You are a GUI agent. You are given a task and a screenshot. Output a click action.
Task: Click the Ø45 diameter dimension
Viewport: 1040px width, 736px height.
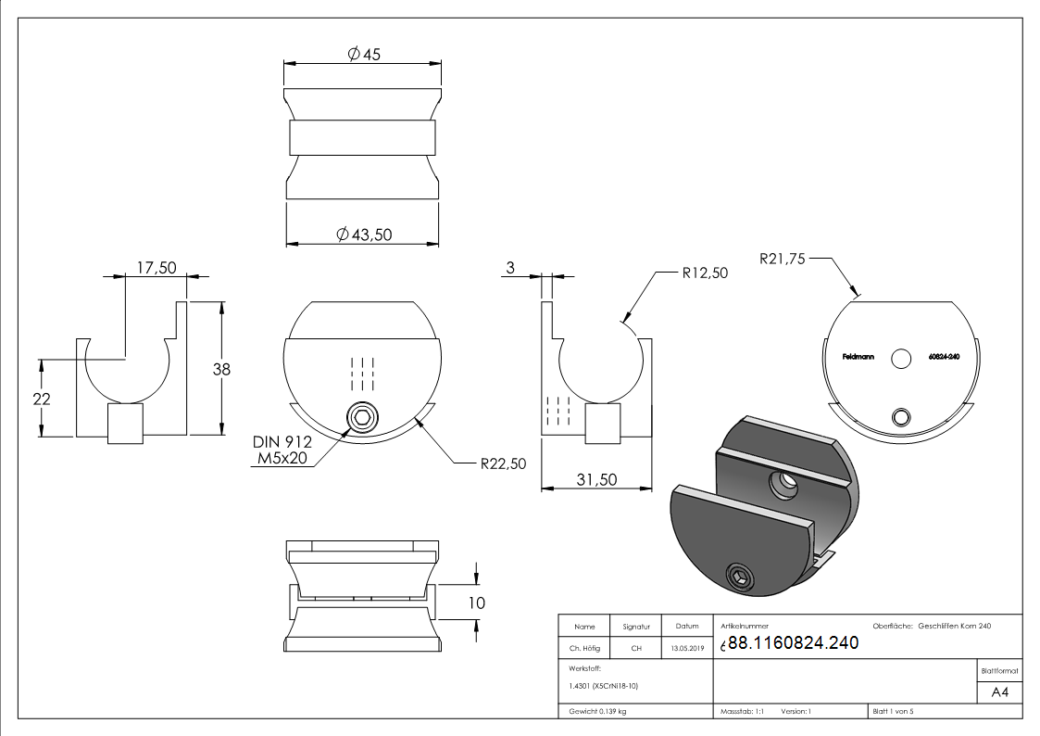364,54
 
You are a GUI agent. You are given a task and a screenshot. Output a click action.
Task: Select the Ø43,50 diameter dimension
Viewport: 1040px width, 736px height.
364,235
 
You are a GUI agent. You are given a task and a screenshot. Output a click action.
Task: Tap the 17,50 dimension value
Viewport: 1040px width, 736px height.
157,268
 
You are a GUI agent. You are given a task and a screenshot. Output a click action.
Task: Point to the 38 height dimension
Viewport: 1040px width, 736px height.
221,369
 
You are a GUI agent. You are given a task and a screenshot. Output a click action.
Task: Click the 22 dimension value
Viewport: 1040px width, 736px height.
41,399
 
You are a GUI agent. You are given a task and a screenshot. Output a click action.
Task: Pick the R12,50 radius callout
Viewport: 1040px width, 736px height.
705,273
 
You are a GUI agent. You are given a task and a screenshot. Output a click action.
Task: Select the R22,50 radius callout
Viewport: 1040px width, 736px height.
503,463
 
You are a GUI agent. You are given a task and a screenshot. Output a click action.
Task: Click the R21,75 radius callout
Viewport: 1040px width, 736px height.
782,259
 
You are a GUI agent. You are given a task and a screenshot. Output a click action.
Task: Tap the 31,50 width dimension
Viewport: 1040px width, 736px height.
596,479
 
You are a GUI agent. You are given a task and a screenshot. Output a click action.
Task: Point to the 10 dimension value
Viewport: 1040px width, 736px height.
476,603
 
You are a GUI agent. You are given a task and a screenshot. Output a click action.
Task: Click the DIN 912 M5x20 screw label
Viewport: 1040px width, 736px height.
282,450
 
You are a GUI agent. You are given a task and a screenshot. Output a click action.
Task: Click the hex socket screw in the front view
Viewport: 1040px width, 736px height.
363,418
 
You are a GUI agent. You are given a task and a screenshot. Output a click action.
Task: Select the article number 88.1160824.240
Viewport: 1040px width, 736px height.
794,642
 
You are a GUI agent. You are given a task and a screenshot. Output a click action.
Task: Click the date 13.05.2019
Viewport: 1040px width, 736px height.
687,648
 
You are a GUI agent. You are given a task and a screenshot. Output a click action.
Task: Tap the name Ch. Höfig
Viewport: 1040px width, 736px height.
584,648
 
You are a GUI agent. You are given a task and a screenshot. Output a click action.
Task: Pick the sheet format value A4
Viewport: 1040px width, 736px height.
999,692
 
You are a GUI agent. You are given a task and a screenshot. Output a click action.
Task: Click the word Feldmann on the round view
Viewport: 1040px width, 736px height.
858,357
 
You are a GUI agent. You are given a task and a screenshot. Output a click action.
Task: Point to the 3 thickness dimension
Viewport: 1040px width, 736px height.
510,268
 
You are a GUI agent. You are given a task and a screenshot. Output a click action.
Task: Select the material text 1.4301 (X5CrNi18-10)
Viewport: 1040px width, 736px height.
603,686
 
